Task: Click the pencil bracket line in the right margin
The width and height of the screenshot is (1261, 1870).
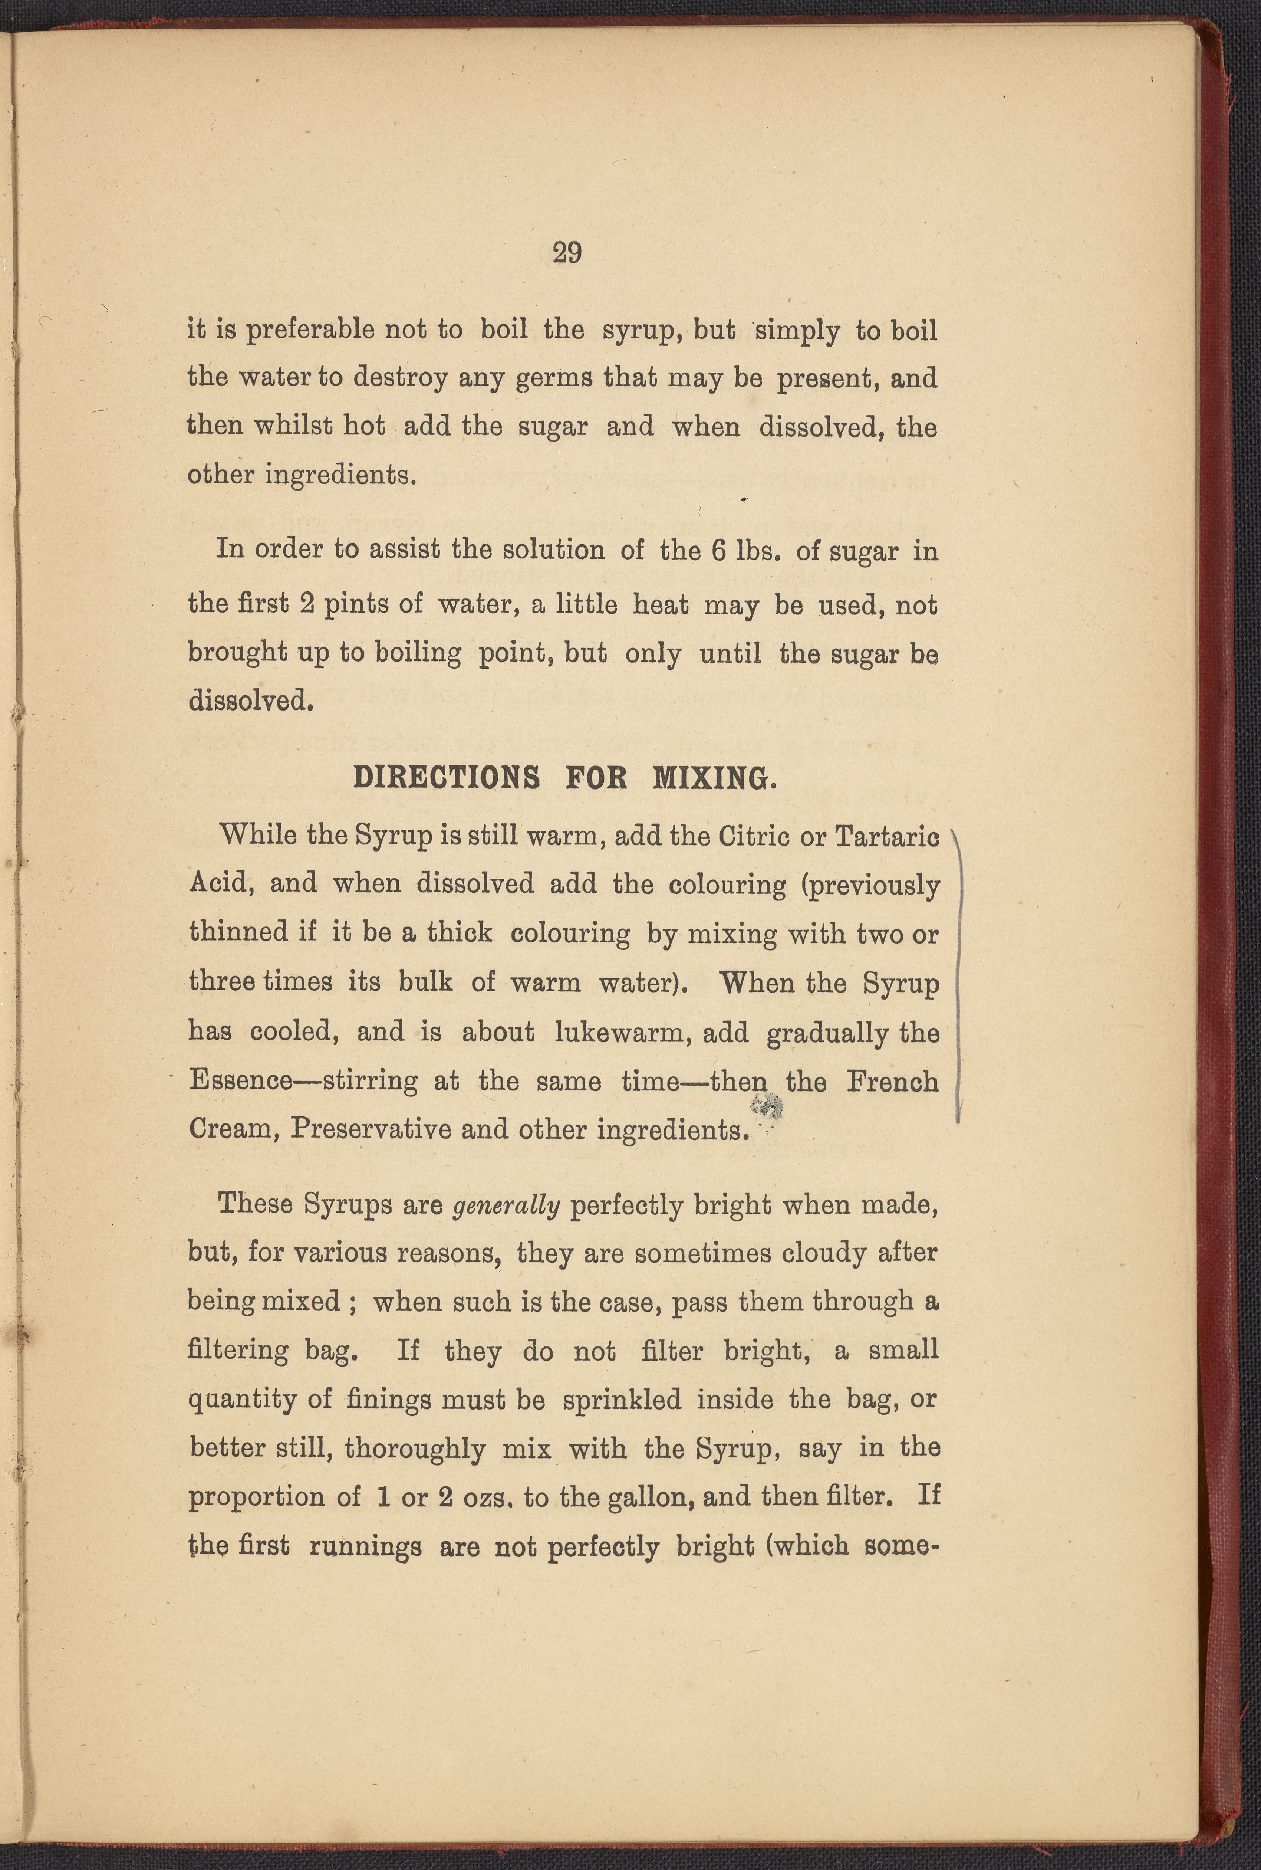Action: coord(960,973)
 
